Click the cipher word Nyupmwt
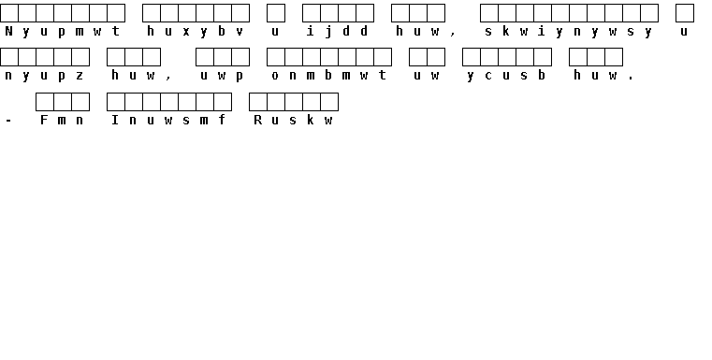tap(62, 31)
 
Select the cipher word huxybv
tap(196, 31)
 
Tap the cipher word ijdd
tap(338, 31)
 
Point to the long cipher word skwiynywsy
tap(569, 31)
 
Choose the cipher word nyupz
tap(44, 76)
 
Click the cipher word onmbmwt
tap(328, 76)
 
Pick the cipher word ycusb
tap(506, 76)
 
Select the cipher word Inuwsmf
tap(168, 120)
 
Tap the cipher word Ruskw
tap(293, 120)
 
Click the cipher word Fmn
tap(62, 120)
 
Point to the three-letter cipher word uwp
tap(222, 76)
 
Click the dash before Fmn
tap(8, 121)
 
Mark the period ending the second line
tap(631, 79)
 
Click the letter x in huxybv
tap(186, 32)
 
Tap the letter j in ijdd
tap(328, 31)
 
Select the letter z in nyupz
tap(80, 76)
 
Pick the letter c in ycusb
tap(488, 76)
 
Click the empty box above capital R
tap(258, 102)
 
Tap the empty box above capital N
tap(9, 13)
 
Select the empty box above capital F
tap(45, 102)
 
